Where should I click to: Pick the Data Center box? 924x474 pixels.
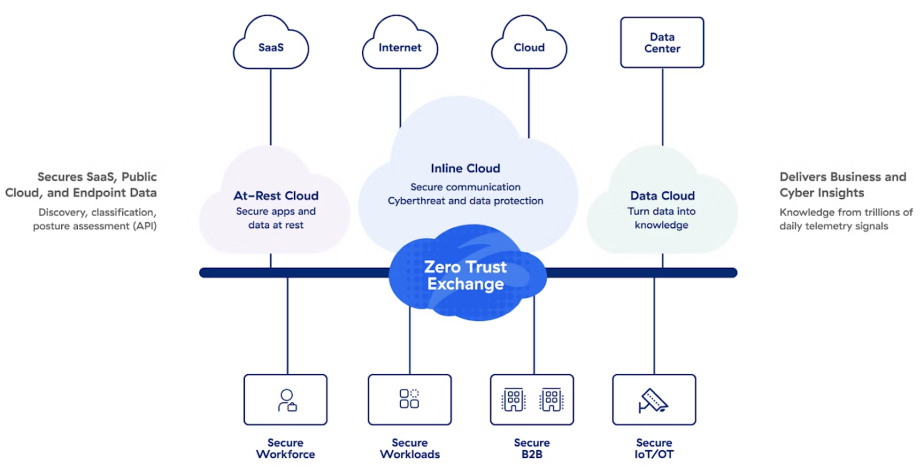[x=662, y=42]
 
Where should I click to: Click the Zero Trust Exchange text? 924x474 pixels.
[x=466, y=275]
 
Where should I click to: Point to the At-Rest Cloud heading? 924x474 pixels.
[x=276, y=195]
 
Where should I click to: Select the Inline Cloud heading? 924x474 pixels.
[x=465, y=168]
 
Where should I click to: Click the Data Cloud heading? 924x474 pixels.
[x=662, y=195]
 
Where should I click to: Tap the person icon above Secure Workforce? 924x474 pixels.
[x=287, y=400]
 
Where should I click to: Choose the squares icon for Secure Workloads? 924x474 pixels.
[x=410, y=398]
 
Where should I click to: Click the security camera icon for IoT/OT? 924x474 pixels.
[x=653, y=400]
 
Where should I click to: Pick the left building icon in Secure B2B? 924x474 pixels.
[x=513, y=399]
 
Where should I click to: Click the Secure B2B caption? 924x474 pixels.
[x=532, y=448]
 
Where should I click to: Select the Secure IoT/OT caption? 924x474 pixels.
[x=654, y=448]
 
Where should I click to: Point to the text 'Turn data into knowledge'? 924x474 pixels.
[x=661, y=218]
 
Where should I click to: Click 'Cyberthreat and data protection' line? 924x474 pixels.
[x=465, y=201]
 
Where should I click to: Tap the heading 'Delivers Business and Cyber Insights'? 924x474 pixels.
[x=842, y=184]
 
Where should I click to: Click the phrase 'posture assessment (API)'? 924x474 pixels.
[x=95, y=226]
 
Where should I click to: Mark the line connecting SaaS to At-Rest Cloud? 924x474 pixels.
[x=270, y=106]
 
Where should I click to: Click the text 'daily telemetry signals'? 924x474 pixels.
[x=833, y=226]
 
